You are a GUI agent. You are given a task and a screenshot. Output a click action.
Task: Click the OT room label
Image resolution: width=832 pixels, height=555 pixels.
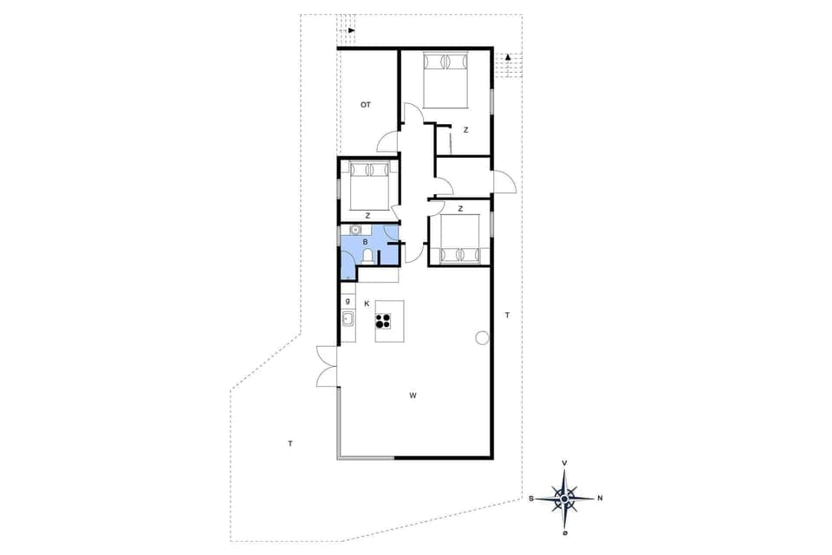[x=366, y=104]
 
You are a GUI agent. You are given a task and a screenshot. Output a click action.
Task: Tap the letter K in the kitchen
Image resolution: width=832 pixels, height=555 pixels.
[x=367, y=304]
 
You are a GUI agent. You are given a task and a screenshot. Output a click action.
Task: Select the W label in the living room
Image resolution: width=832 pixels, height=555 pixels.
[x=413, y=395]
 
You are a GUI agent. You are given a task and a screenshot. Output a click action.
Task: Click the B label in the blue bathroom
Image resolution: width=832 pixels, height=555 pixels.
[x=366, y=242]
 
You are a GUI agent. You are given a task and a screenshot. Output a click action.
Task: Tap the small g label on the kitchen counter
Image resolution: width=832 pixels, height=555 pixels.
[x=348, y=301]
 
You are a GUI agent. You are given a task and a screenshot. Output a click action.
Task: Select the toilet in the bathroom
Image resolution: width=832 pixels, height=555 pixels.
[x=369, y=256]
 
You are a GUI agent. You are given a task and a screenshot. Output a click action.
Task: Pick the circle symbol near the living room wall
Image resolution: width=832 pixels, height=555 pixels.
[x=481, y=337]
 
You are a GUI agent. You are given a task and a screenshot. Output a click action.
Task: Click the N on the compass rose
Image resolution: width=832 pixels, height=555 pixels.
[x=600, y=498]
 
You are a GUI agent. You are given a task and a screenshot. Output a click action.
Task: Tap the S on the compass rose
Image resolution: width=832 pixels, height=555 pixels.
[x=530, y=499]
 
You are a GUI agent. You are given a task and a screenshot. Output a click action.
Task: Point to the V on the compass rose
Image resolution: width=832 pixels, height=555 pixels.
[x=565, y=463]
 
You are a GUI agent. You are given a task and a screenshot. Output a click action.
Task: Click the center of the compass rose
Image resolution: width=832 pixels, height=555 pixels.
[x=565, y=498]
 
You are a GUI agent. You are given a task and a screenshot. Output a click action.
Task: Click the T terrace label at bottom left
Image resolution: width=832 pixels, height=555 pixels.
[x=289, y=443]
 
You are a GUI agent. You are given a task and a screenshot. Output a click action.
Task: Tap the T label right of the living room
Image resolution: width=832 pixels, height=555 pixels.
[x=508, y=315]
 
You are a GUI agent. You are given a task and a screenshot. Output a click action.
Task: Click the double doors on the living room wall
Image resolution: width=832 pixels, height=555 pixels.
[x=327, y=364]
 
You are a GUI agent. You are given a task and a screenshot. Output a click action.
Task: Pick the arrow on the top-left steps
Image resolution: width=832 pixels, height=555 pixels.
[x=351, y=30]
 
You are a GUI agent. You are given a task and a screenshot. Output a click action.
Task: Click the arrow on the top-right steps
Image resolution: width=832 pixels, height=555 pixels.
[x=507, y=57]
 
